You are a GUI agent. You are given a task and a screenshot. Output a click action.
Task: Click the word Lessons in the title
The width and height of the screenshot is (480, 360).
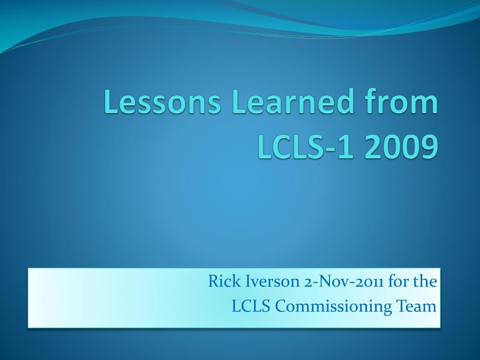pos(162,101)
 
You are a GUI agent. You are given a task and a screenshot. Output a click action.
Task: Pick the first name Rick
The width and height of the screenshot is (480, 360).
pos(225,281)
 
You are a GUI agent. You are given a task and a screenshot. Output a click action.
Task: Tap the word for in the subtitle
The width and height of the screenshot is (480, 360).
pos(397,281)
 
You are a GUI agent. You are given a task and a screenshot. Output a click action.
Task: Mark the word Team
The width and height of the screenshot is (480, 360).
pos(417,306)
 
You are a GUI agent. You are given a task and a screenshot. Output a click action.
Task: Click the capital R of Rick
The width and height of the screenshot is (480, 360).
pos(214,281)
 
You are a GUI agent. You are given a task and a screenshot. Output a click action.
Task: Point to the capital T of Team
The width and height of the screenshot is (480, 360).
pos(402,306)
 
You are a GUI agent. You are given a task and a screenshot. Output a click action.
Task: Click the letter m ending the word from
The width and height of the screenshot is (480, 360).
pos(426,105)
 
